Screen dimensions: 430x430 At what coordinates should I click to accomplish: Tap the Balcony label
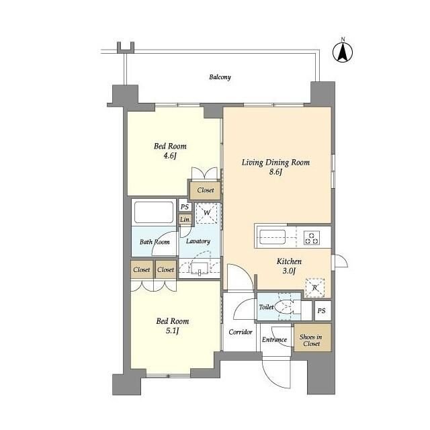(x=220, y=77)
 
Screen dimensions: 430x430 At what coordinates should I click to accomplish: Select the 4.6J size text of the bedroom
(x=170, y=156)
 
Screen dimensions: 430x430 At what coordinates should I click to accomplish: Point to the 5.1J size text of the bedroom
(x=172, y=331)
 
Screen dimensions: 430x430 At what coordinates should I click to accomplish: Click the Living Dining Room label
(x=275, y=163)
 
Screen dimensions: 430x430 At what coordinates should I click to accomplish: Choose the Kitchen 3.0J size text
(x=289, y=271)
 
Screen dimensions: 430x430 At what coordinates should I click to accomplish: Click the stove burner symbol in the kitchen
(x=312, y=238)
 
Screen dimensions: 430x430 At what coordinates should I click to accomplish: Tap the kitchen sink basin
(x=272, y=237)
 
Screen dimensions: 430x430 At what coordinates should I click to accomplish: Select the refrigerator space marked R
(x=315, y=288)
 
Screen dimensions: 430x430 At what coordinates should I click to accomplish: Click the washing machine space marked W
(x=207, y=212)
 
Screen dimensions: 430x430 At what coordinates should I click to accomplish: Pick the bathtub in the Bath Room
(x=154, y=212)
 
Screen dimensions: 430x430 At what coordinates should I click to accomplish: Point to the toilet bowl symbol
(x=284, y=307)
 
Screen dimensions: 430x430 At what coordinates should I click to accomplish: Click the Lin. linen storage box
(x=185, y=220)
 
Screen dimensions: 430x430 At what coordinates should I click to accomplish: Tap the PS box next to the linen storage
(x=185, y=206)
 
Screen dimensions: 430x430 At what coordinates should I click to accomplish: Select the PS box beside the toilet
(x=322, y=310)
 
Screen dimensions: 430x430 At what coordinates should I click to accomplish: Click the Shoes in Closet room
(x=312, y=337)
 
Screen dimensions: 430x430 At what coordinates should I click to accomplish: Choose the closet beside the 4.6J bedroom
(x=206, y=189)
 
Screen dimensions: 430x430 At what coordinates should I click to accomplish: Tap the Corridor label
(x=241, y=332)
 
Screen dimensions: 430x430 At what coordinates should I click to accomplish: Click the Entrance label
(x=274, y=339)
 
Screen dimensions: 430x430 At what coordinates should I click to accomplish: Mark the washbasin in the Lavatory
(x=200, y=267)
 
